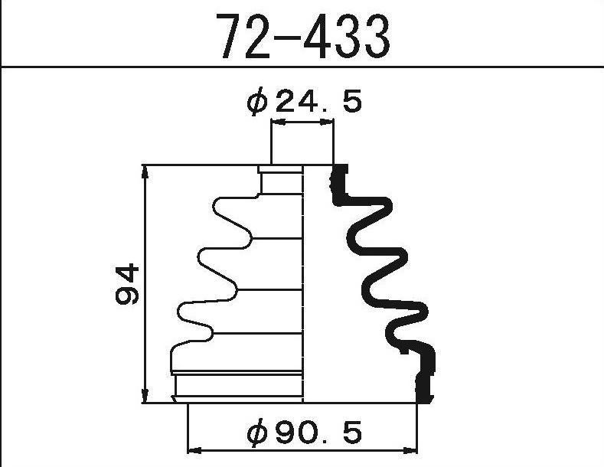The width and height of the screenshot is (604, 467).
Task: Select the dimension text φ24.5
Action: (x=305, y=101)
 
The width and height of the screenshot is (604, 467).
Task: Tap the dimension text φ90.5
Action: (x=305, y=433)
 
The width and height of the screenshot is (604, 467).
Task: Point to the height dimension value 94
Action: (x=127, y=284)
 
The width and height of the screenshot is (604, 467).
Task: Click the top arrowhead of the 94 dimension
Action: (x=145, y=172)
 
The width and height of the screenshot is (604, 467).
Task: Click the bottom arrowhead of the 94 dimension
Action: (x=145, y=396)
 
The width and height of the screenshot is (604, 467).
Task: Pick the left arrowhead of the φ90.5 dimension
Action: (x=194, y=450)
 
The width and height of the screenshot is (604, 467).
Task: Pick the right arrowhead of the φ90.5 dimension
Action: (x=410, y=450)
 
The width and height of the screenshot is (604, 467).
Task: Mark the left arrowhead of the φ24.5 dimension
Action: (x=278, y=122)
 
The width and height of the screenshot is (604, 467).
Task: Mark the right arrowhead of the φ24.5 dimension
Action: (x=327, y=122)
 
